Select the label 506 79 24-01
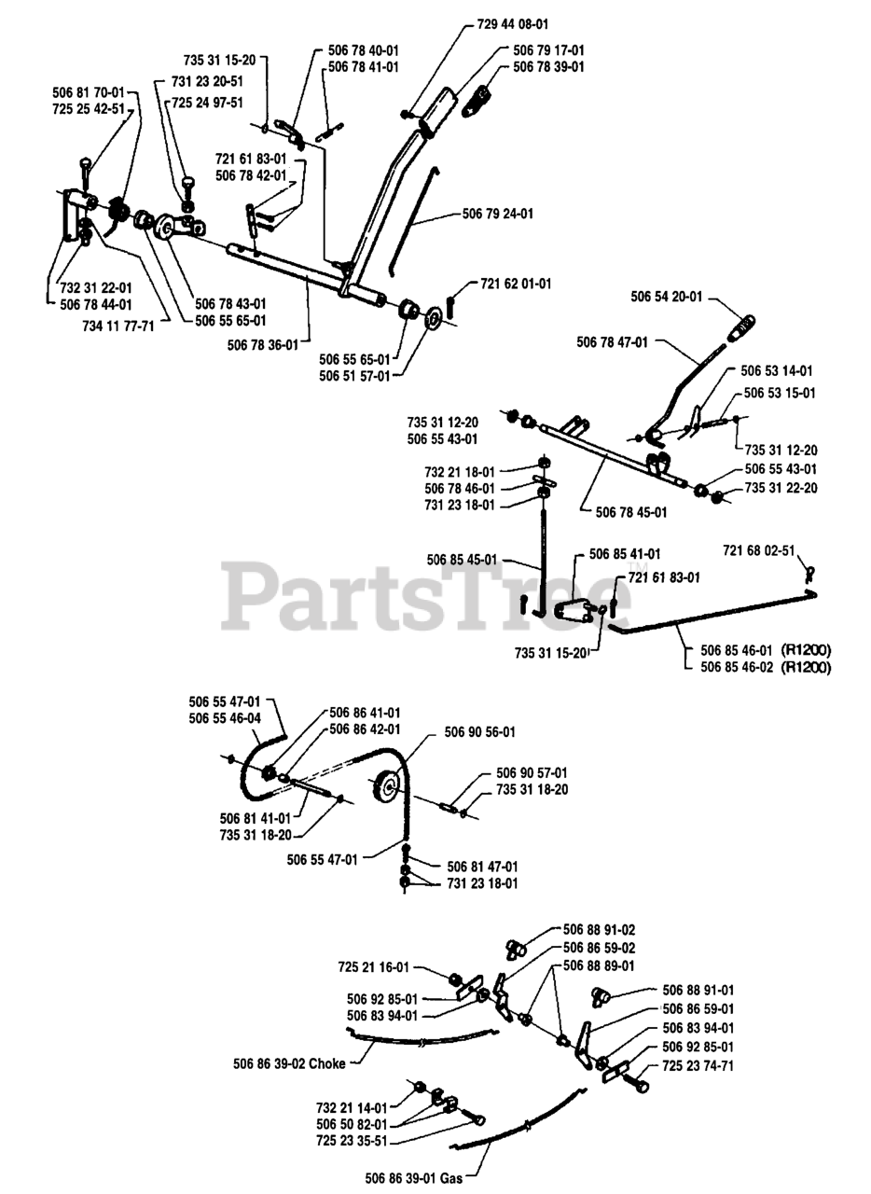pos(498,214)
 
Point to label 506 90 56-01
pos(479,732)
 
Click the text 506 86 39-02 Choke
pos(288,1062)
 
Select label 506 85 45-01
pos(463,560)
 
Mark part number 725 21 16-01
pos(374,967)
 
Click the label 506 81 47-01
pos(483,866)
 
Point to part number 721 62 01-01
pos(516,283)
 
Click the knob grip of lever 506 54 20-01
pos(742,328)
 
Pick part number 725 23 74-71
pos(698,1065)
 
